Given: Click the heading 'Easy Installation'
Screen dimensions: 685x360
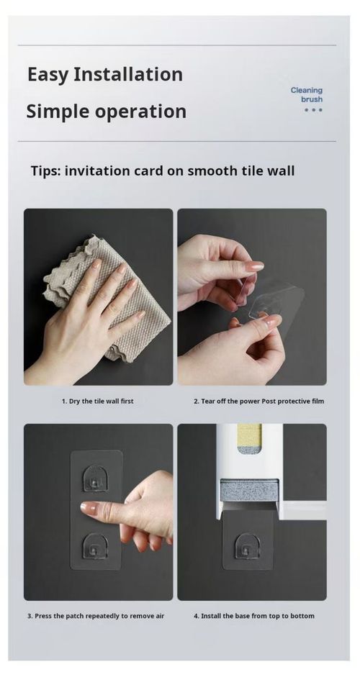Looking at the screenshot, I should pos(104,74).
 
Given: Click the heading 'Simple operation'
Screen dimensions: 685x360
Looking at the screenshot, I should pos(106,112).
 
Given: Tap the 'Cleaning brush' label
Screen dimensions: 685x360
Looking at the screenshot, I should pos(306,94).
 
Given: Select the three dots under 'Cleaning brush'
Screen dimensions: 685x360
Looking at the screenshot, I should pos(312,110).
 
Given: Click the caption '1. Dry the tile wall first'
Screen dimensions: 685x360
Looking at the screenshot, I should pos(97,401).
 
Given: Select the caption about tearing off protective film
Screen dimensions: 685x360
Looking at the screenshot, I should pos(258,401).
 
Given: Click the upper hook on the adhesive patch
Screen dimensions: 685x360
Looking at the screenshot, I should pos(95,477).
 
